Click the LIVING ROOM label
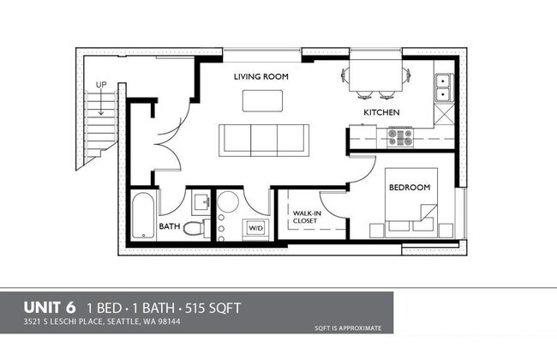click(261, 76)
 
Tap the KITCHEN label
click(381, 112)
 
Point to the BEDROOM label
click(410, 187)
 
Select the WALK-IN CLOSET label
click(307, 217)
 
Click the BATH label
click(170, 226)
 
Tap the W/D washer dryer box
click(255, 228)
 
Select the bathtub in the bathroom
click(143, 215)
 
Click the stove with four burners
click(400, 137)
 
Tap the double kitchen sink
click(444, 87)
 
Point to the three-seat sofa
click(264, 141)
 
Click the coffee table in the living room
click(262, 101)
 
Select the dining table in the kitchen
click(376, 75)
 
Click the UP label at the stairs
click(101, 85)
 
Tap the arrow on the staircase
click(101, 102)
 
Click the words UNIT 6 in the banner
click(50, 308)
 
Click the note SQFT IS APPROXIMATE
click(348, 328)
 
